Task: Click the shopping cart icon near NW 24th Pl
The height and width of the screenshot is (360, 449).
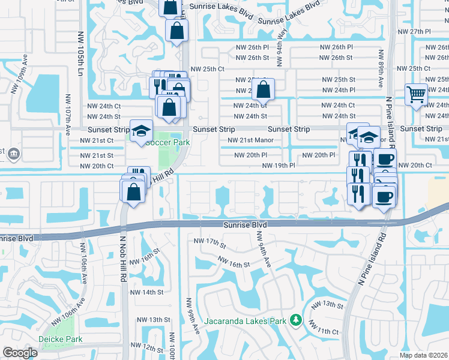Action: (416, 94)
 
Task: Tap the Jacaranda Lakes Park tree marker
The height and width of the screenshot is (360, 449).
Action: (295, 321)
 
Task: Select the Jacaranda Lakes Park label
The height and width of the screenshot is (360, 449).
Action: (245, 321)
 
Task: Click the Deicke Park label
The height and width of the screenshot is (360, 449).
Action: (60, 339)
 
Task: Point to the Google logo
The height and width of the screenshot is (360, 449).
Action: (20, 353)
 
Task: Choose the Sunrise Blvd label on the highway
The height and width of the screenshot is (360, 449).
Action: (245, 224)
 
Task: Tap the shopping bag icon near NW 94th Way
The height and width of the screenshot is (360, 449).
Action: (263, 90)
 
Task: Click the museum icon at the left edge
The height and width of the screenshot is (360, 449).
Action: (14, 154)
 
